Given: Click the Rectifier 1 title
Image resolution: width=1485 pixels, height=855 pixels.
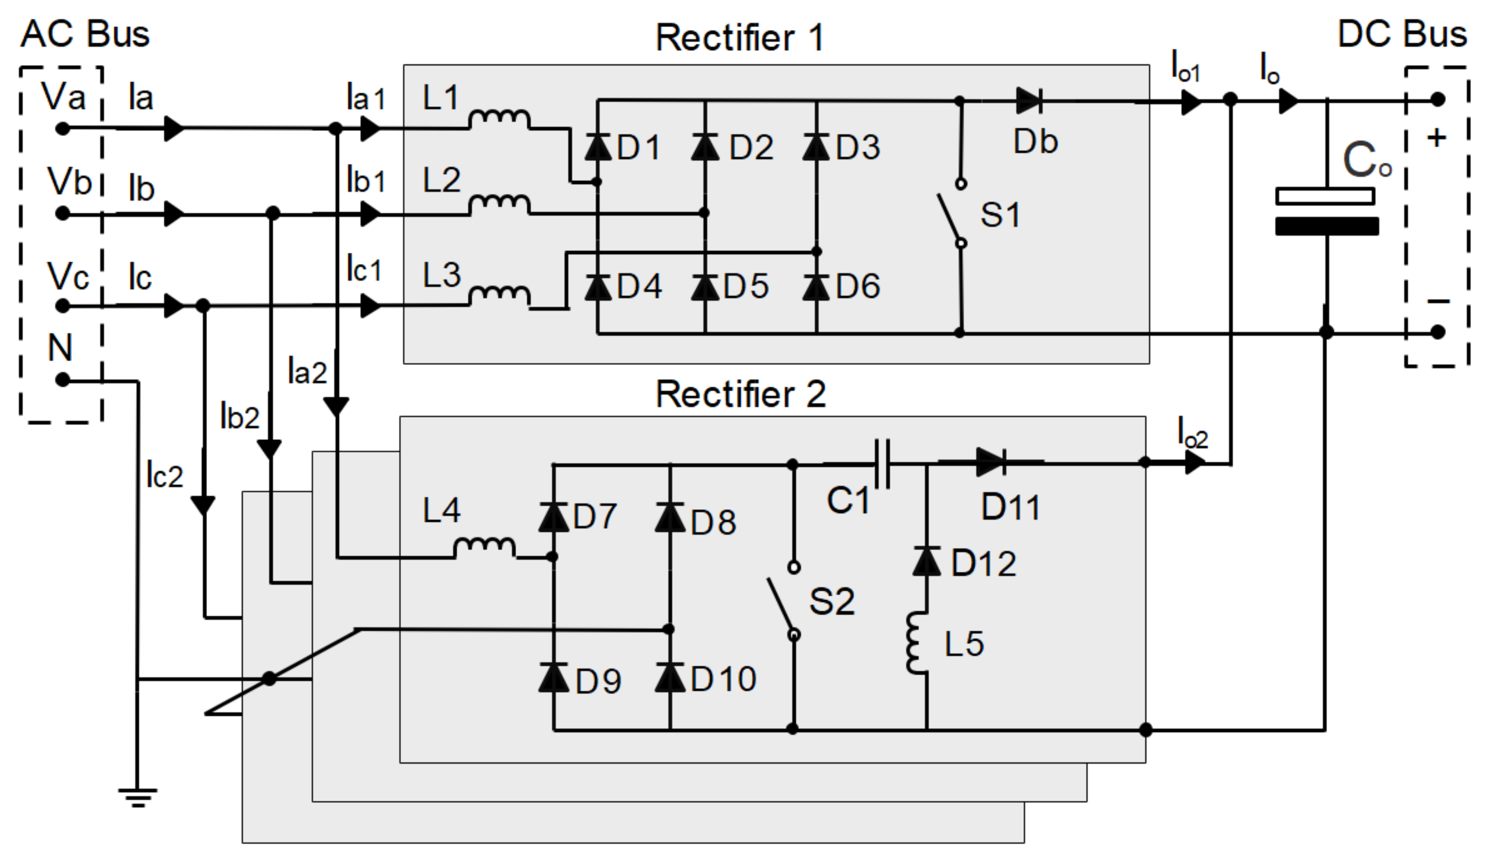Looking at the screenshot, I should point(739,38).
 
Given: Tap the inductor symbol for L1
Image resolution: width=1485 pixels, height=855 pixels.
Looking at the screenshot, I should point(499,119).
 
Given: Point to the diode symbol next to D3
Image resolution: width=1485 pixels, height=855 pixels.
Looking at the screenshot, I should point(815,147).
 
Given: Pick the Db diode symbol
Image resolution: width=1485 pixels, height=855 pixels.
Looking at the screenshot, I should point(1029,101).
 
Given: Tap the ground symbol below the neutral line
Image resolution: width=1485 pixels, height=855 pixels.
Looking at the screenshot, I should point(138,796).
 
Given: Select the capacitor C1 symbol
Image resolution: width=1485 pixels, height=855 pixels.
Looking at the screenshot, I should point(882,464).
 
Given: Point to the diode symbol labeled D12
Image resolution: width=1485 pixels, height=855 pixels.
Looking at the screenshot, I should point(927,561).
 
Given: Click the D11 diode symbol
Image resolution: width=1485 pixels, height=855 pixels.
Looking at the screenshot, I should point(991,462).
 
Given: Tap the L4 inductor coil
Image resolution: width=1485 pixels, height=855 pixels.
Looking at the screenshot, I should point(485,547).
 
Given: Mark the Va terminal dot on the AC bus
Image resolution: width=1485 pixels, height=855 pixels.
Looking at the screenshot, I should point(62,129).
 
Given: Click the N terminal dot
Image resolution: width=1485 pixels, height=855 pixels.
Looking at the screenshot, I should point(62,381).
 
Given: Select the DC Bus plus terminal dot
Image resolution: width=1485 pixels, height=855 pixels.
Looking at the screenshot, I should point(1437,99).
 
